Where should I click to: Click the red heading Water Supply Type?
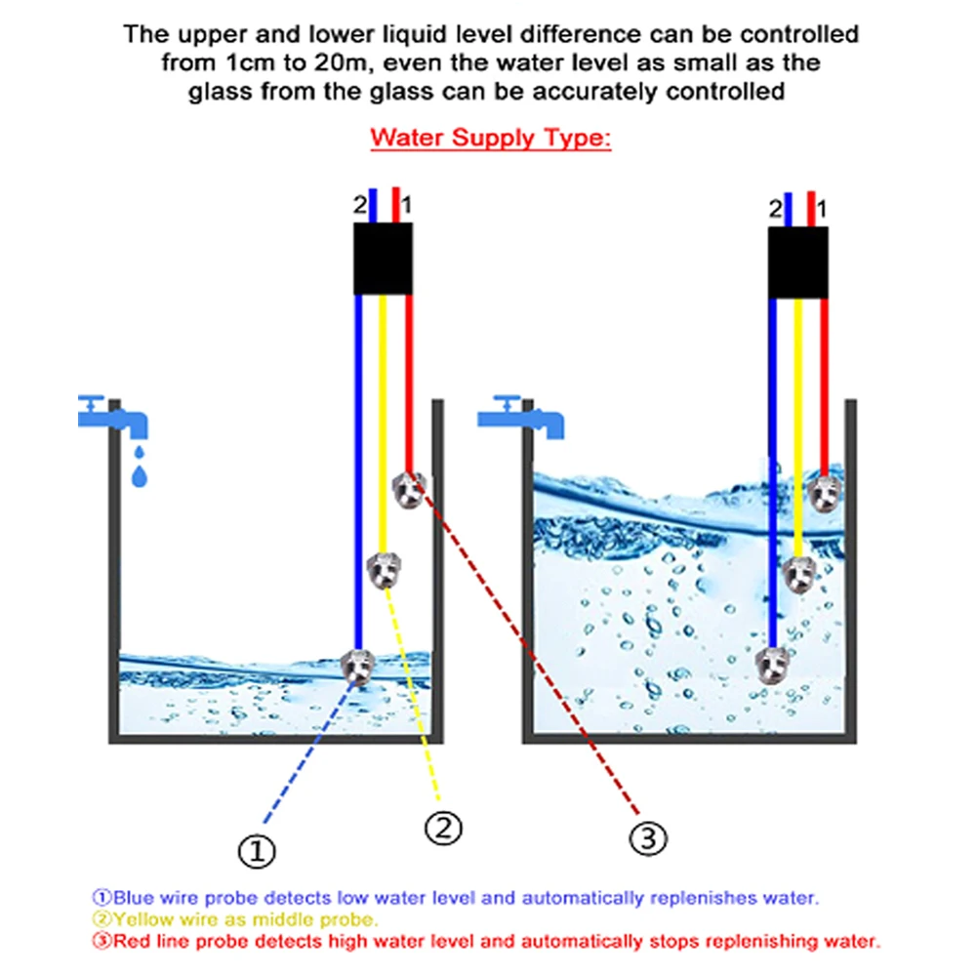click(x=490, y=137)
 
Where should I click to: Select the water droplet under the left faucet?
click(x=141, y=474)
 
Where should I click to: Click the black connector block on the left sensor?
click(x=386, y=259)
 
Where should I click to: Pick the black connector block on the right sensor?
click(x=798, y=262)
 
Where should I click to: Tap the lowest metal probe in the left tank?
click(x=358, y=666)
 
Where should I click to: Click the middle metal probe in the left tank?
click(x=385, y=569)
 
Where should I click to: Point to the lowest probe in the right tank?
click(x=774, y=665)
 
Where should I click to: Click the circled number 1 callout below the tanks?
click(x=257, y=851)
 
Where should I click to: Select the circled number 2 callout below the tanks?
click(x=442, y=828)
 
